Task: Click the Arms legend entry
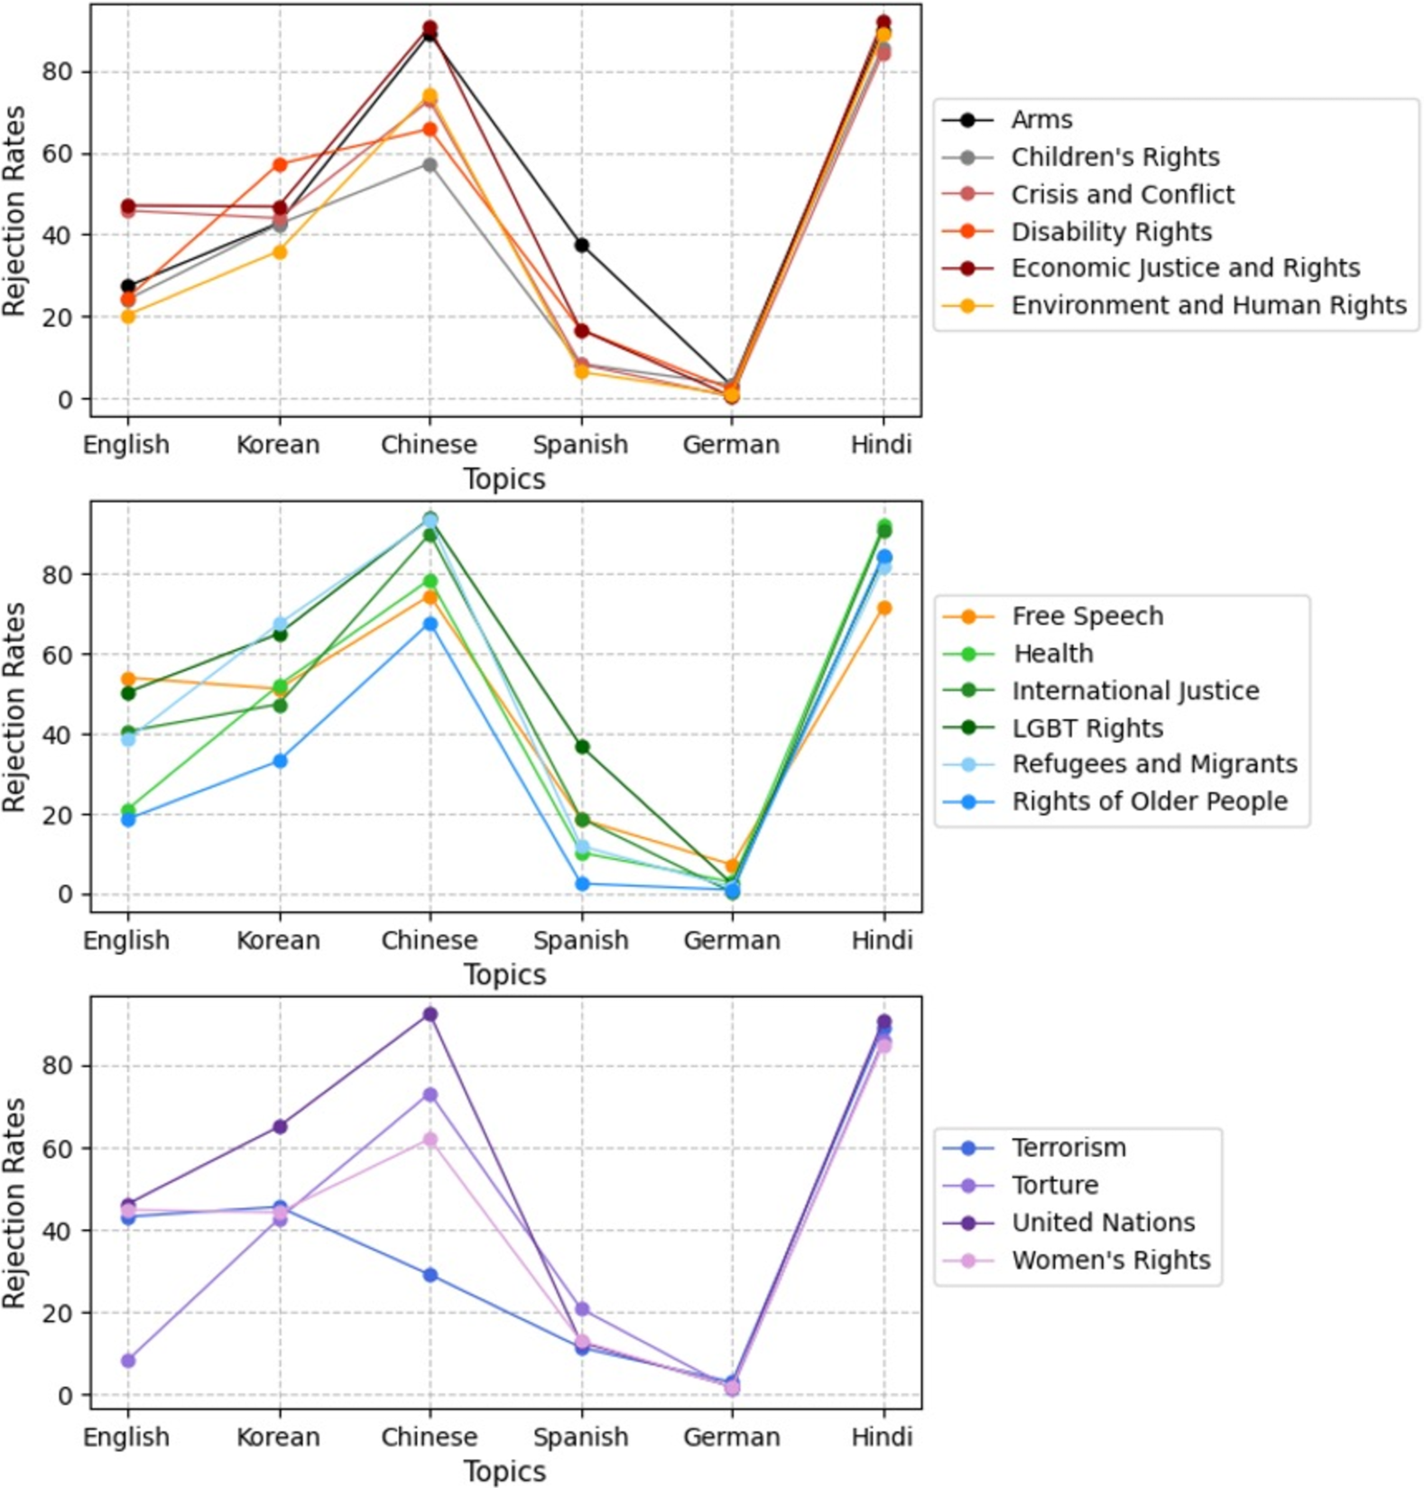click(x=1041, y=120)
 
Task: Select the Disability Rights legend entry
click(x=1111, y=232)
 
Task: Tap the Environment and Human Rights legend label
click(x=1208, y=306)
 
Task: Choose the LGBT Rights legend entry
click(x=1086, y=728)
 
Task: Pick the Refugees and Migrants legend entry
click(x=1154, y=764)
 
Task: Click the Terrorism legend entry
click(x=1068, y=1148)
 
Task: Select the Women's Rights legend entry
click(x=1111, y=1260)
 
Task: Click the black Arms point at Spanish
click(x=582, y=245)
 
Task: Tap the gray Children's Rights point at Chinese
click(x=430, y=164)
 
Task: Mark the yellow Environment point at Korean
click(x=280, y=252)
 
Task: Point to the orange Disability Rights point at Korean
click(x=280, y=164)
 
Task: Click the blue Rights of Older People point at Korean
click(x=280, y=761)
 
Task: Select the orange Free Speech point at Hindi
click(x=884, y=608)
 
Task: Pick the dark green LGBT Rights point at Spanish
click(x=582, y=746)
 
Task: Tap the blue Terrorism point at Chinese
click(x=430, y=1275)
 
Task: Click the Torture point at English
click(x=128, y=1360)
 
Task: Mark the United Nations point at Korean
click(x=280, y=1126)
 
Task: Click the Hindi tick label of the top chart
click(x=882, y=445)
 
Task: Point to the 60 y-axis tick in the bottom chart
click(x=59, y=1148)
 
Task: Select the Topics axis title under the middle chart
click(x=504, y=975)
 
